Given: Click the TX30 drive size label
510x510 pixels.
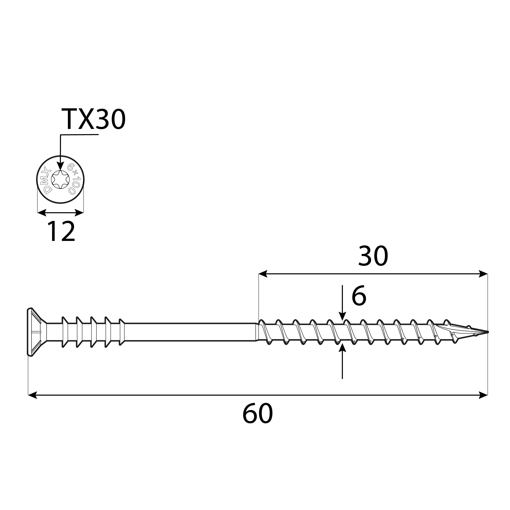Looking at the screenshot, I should pos(93,119).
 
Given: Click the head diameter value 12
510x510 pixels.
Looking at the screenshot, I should pos(61,232).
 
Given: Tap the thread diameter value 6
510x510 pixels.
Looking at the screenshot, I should pos(359,296).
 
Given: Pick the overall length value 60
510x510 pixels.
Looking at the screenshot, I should pos(257,414).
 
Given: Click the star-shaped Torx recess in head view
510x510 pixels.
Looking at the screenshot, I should pos(60,180).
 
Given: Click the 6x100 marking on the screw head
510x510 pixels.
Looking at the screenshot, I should pos(74,179).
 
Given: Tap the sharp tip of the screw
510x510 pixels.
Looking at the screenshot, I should pos(487,332).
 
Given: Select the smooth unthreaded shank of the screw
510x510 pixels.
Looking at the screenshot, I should pos(190,332).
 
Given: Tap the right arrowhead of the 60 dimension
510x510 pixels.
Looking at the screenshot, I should pos(483,395).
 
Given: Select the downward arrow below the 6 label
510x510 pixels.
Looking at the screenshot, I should pos(342,315).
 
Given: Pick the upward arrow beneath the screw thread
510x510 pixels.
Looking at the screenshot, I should pos(342,348).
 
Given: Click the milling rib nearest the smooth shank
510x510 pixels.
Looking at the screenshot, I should pos(121,332).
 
